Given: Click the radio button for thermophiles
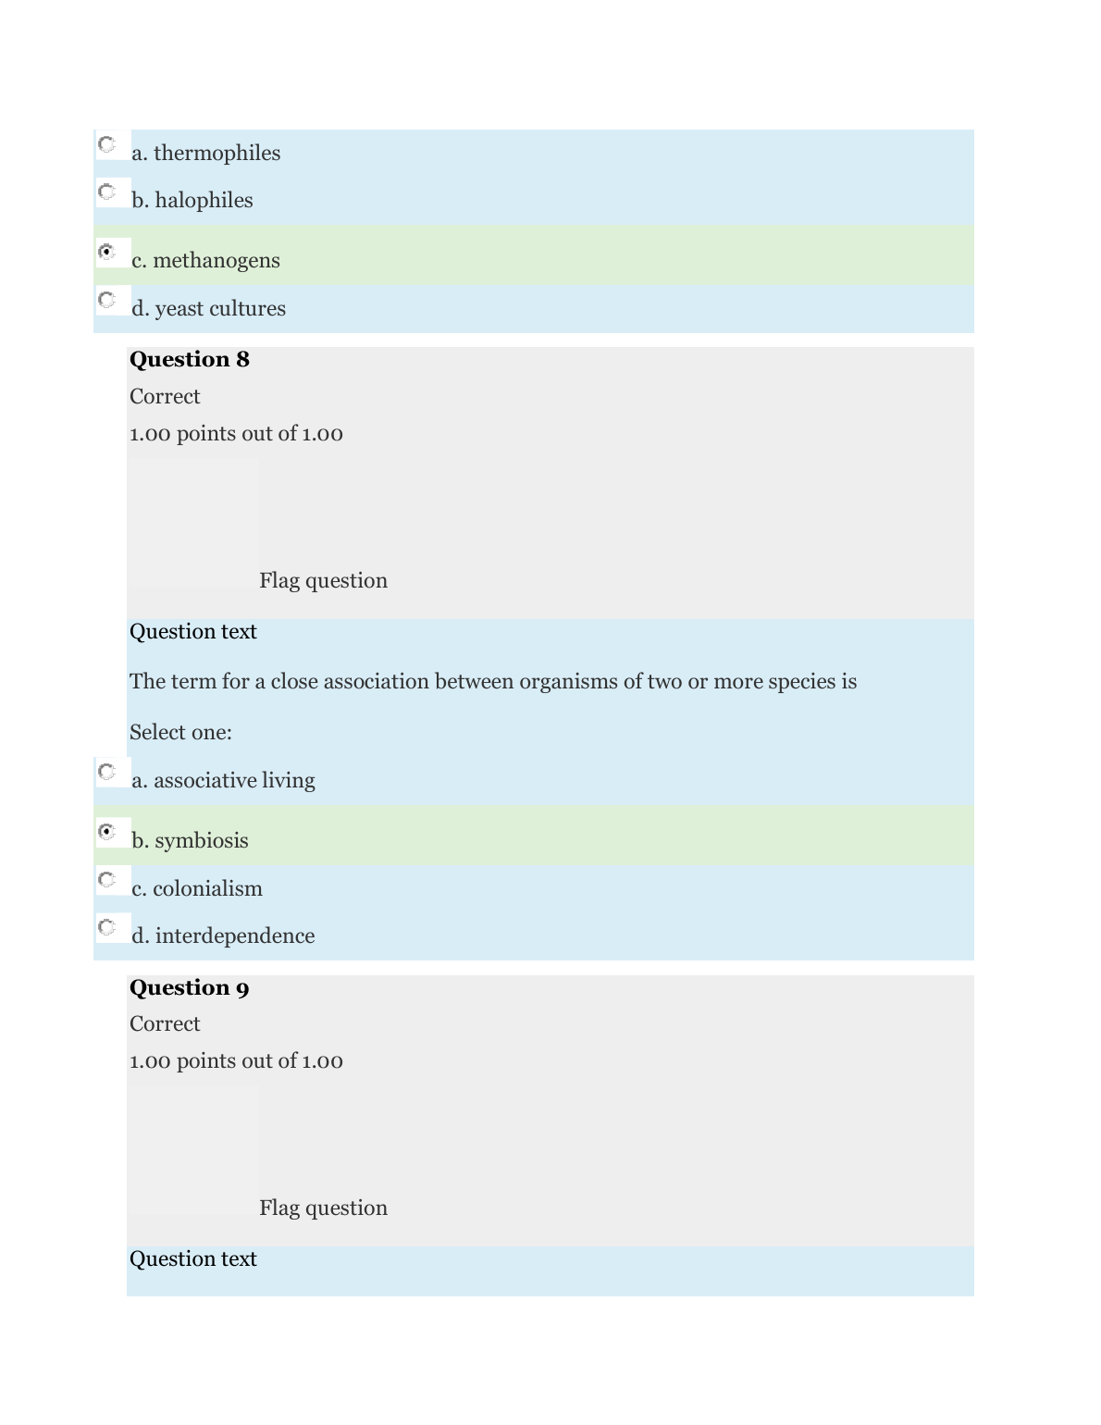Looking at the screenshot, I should click(107, 144).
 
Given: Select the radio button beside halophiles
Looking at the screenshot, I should click(107, 192).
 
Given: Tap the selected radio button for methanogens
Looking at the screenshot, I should click(107, 252).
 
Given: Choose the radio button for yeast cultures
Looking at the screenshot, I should click(107, 300).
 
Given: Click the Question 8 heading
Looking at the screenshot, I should click(190, 360).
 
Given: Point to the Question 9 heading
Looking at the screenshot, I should click(190, 988).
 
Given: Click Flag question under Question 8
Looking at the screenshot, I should click(323, 581).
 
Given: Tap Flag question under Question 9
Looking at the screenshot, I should click(323, 1208).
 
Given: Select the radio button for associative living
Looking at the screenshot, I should click(107, 772).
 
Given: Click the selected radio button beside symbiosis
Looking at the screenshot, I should click(107, 832).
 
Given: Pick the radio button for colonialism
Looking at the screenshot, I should click(107, 879).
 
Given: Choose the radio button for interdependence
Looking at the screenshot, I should click(107, 927).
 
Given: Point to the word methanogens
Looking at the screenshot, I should click(216, 261).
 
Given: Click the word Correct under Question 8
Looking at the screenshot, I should click(165, 397).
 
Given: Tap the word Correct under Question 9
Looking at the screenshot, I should click(165, 1024).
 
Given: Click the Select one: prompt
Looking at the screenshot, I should click(180, 733).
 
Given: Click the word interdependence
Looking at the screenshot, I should click(235, 936).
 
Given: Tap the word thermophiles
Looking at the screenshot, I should click(216, 154).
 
